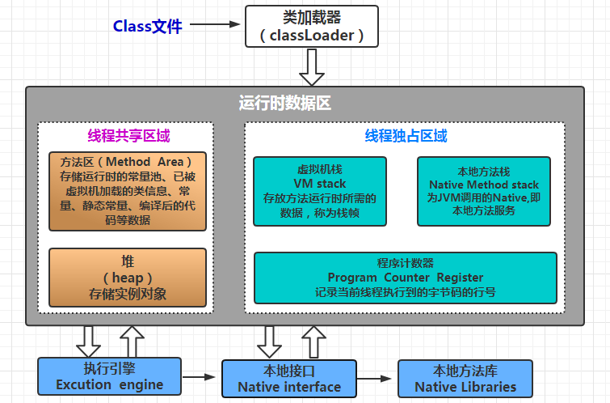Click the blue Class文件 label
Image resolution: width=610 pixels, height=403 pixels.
[x=147, y=26]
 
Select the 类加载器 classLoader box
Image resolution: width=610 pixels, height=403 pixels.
[x=311, y=27]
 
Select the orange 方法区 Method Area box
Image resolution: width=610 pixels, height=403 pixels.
[x=128, y=191]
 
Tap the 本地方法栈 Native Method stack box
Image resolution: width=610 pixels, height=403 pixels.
[x=484, y=191]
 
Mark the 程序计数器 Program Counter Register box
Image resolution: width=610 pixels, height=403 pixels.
[x=406, y=278]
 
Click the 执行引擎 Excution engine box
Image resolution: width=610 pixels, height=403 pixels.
[x=109, y=375]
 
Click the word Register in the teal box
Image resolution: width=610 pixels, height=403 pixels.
[x=456, y=278]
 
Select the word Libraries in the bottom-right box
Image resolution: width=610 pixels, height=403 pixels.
[x=488, y=387]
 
